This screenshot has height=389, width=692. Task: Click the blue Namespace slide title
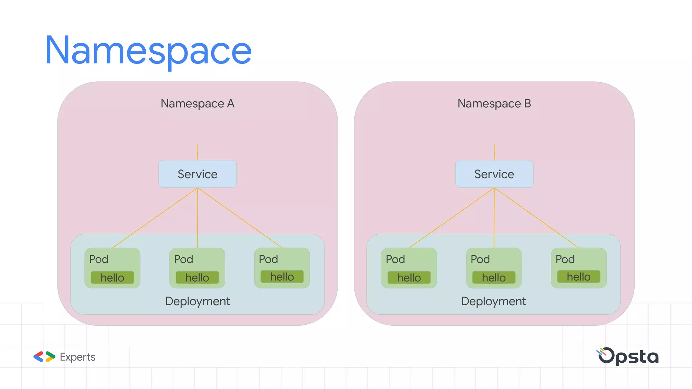pos(148,51)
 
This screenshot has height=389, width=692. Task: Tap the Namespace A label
pos(197,103)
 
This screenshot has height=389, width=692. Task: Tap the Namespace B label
pos(494,103)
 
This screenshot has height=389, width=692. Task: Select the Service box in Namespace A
pos(197,174)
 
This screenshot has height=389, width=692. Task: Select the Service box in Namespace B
pos(494,174)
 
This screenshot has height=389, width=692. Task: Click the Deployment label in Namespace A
pos(197,301)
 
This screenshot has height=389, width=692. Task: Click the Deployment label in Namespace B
pos(493,301)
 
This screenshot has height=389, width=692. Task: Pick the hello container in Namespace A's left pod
pos(112,278)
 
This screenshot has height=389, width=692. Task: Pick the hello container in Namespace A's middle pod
pos(197,278)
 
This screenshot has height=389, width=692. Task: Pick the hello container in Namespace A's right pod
pos(282,277)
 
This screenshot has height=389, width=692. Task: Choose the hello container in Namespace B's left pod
pos(409,278)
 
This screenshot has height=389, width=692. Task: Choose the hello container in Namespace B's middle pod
pos(494,278)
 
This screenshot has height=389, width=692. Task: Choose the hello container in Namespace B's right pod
pos(578,277)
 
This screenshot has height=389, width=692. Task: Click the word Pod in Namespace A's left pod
pos(99,259)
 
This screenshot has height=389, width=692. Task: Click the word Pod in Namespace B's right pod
pos(565,259)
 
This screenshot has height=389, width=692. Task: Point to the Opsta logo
pos(628,356)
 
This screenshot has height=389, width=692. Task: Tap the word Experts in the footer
pos(78,357)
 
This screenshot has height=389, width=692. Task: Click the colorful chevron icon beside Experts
pos(44,357)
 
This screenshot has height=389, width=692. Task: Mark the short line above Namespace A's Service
pos(198,152)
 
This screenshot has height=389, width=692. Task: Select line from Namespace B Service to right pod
pos(537,218)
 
